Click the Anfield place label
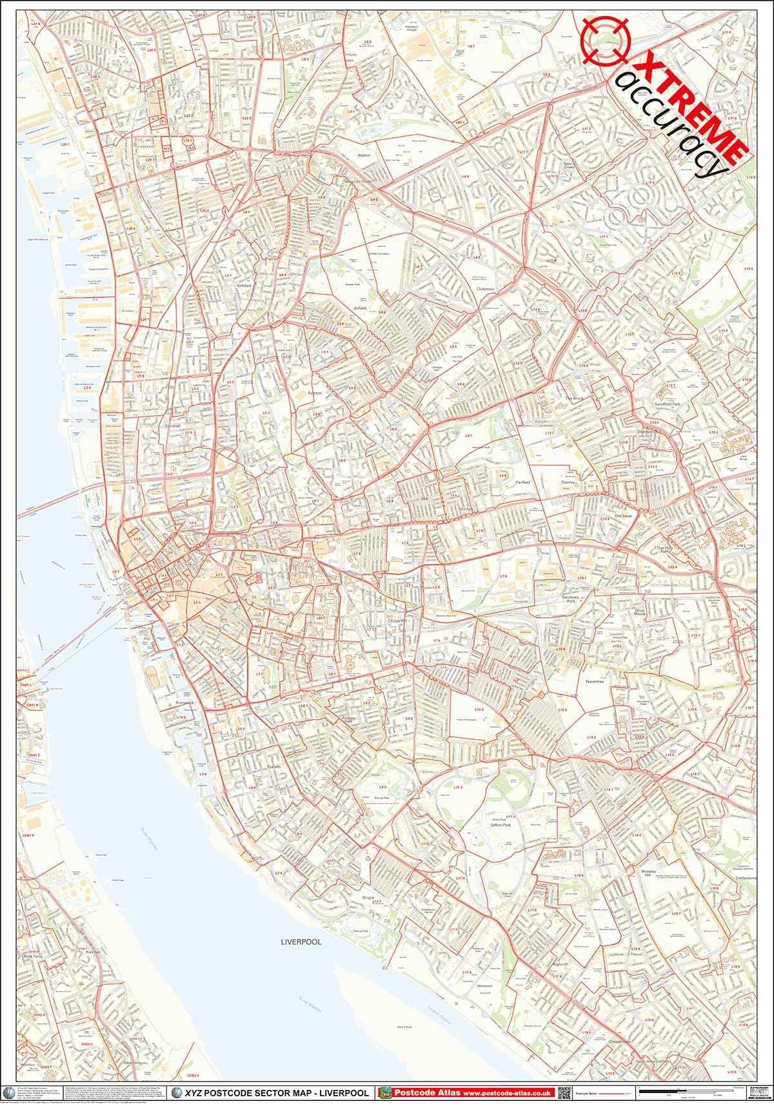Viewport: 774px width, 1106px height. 359,308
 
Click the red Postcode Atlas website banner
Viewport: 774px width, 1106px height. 466,1093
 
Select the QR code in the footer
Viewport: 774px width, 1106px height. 564,1092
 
